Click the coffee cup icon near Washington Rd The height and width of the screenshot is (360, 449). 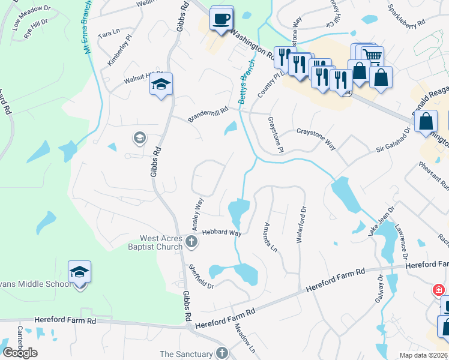[x=221, y=19]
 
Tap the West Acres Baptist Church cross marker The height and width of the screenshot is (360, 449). [x=191, y=242]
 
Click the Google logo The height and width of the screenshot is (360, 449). [x=20, y=353]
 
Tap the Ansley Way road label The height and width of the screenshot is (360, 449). [x=198, y=214]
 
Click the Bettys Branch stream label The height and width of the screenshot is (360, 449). [x=244, y=85]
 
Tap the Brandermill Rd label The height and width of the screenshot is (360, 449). [x=208, y=112]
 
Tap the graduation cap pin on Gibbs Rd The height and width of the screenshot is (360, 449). [x=161, y=85]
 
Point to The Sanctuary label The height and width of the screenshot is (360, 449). [x=187, y=354]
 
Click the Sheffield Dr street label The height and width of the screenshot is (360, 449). [x=201, y=276]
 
